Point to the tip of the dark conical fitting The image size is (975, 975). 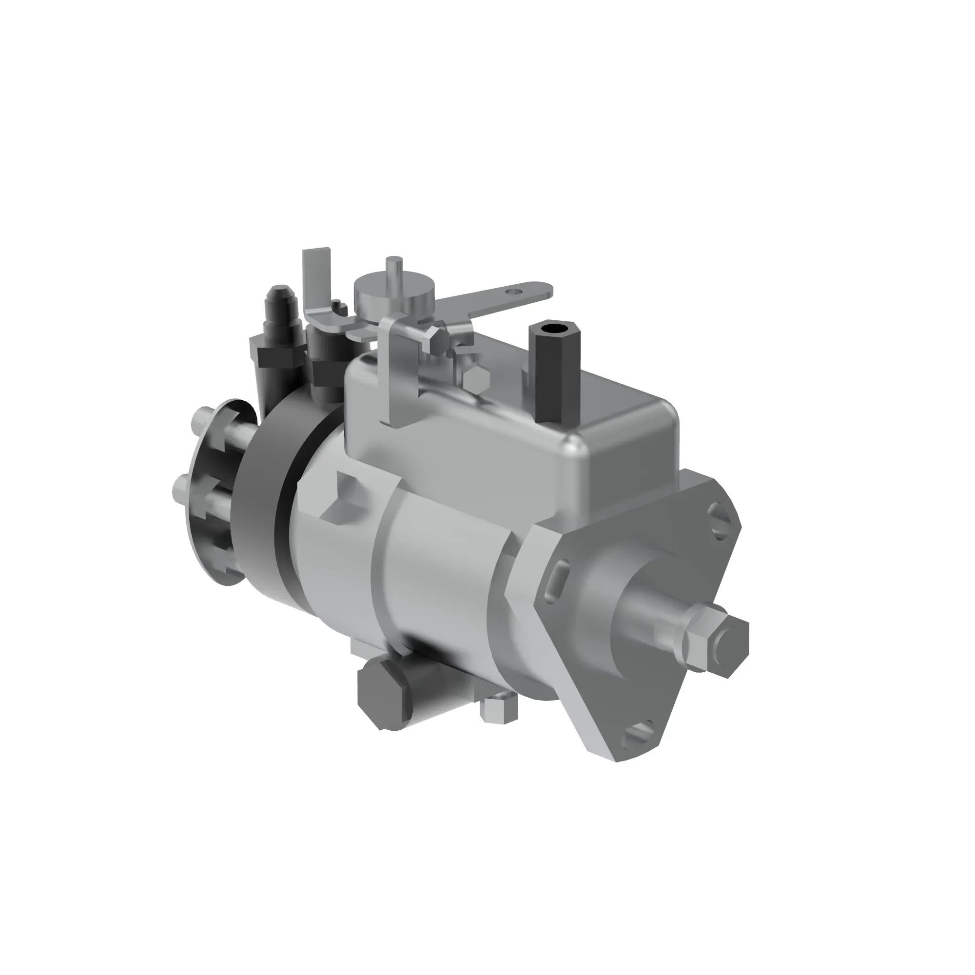[276, 292]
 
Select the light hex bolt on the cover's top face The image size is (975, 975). [475, 378]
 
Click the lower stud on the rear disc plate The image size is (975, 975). [183, 487]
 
